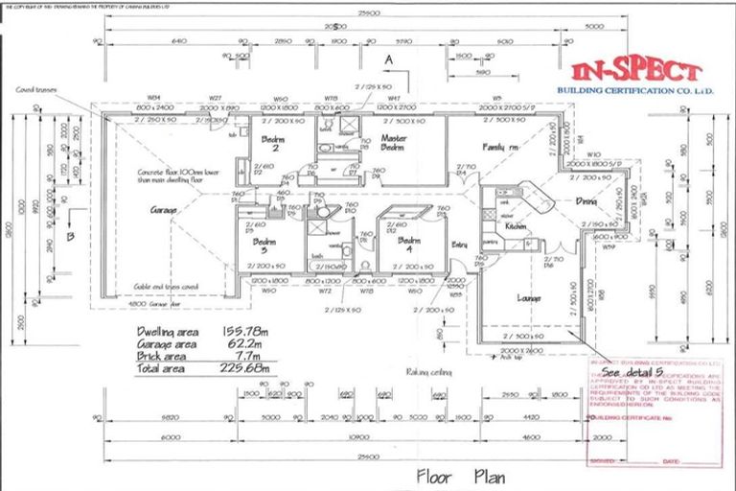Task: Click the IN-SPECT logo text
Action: click(635, 72)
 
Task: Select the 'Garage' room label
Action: click(166, 209)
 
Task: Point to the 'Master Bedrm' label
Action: click(393, 144)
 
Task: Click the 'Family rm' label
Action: click(500, 147)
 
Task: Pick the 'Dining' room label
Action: click(586, 201)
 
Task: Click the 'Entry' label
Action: click(460, 245)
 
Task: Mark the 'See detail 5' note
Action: click(632, 370)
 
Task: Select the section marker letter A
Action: click(388, 59)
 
